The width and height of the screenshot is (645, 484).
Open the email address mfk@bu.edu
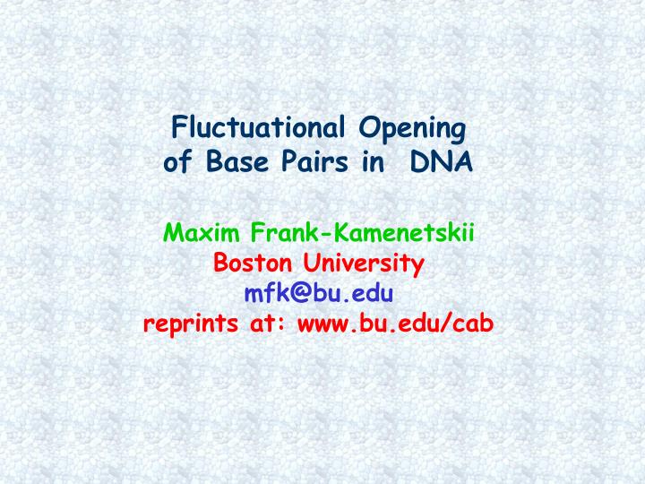tap(318, 294)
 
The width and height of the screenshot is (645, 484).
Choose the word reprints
tap(190, 324)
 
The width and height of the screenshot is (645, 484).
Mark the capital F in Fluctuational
tap(177, 129)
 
